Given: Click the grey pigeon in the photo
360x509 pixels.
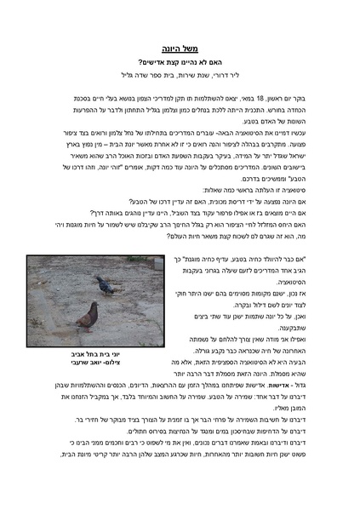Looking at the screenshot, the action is tap(106, 284).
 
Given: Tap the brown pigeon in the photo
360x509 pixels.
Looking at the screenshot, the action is tap(88, 316).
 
